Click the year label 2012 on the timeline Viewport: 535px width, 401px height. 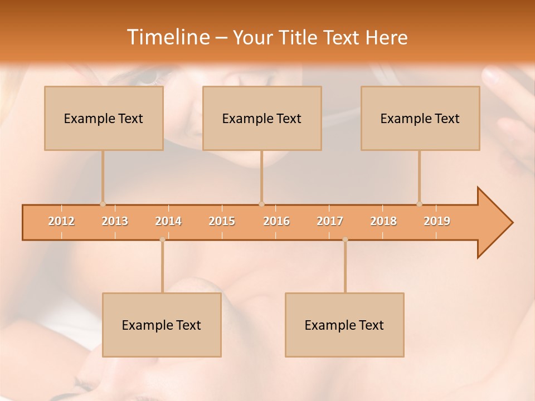pyautogui.click(x=61, y=221)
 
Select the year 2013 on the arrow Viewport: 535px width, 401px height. pyautogui.click(x=115, y=221)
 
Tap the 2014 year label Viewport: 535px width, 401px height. pyautogui.click(x=168, y=221)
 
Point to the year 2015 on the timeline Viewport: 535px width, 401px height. pyautogui.click(x=222, y=221)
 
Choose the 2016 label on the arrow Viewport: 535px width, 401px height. pyautogui.click(x=276, y=221)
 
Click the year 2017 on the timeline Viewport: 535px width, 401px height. pyautogui.click(x=330, y=221)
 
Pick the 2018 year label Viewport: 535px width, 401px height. pyautogui.click(x=383, y=221)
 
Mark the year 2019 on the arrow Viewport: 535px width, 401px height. pyautogui.click(x=437, y=221)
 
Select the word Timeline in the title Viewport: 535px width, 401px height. pyautogui.click(x=167, y=37)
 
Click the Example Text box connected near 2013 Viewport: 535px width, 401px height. pyautogui.click(x=104, y=118)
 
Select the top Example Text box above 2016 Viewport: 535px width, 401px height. pyautogui.click(x=262, y=118)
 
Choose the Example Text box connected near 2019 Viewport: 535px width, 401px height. pyautogui.click(x=420, y=118)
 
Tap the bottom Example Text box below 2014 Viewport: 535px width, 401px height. pyautogui.click(x=162, y=325)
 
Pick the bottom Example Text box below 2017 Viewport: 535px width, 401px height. pyautogui.click(x=344, y=325)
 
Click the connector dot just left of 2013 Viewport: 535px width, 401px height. pyautogui.click(x=103, y=204)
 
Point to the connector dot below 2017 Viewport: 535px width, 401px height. pyautogui.click(x=345, y=239)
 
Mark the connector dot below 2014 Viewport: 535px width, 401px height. pyautogui.click(x=162, y=239)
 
